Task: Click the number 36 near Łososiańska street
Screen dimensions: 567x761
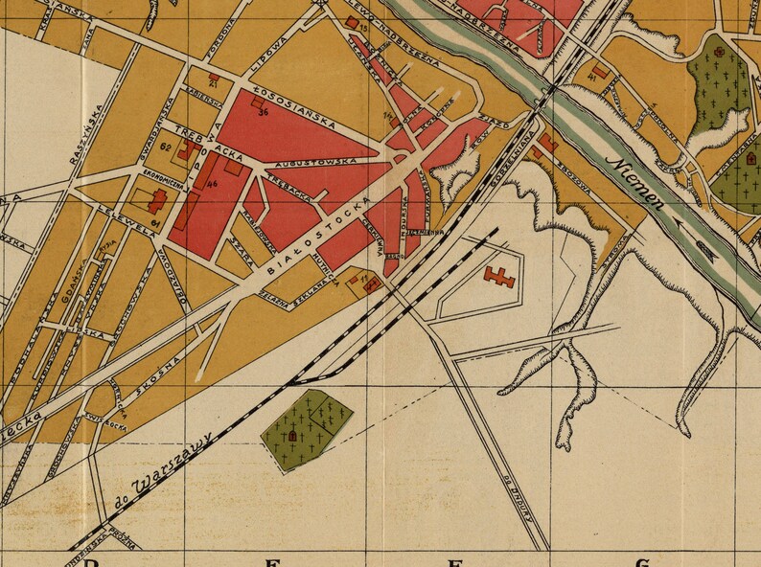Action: click(263, 113)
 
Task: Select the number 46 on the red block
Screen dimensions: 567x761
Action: click(211, 183)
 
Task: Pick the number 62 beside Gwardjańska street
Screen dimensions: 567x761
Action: click(166, 147)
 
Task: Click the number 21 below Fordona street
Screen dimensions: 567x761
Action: click(212, 85)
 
